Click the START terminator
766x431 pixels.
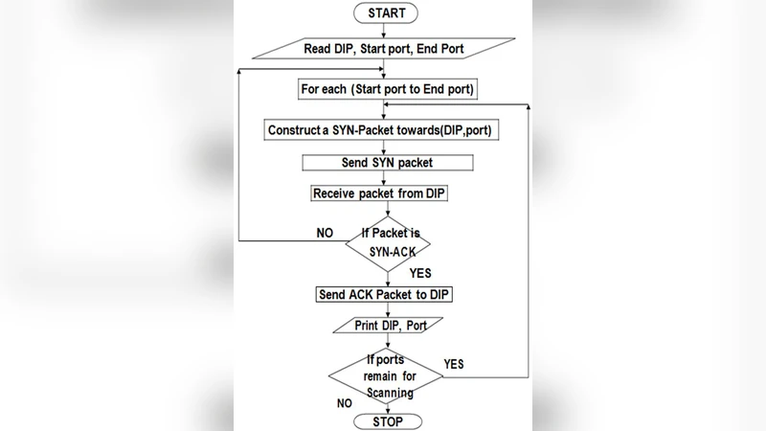coord(386,13)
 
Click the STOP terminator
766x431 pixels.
coord(386,421)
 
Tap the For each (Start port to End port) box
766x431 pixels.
coord(387,89)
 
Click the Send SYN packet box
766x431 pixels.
coord(386,163)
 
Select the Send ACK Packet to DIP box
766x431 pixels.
coord(384,294)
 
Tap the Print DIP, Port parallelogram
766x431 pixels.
coord(385,326)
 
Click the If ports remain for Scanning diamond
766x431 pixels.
coord(387,376)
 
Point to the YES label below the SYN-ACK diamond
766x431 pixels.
coord(419,274)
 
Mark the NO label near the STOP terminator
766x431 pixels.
coord(344,403)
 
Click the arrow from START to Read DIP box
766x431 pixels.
coord(386,31)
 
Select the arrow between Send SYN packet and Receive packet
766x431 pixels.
coord(386,178)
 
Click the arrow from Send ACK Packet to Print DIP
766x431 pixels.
coord(386,310)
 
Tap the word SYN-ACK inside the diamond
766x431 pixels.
coord(387,250)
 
